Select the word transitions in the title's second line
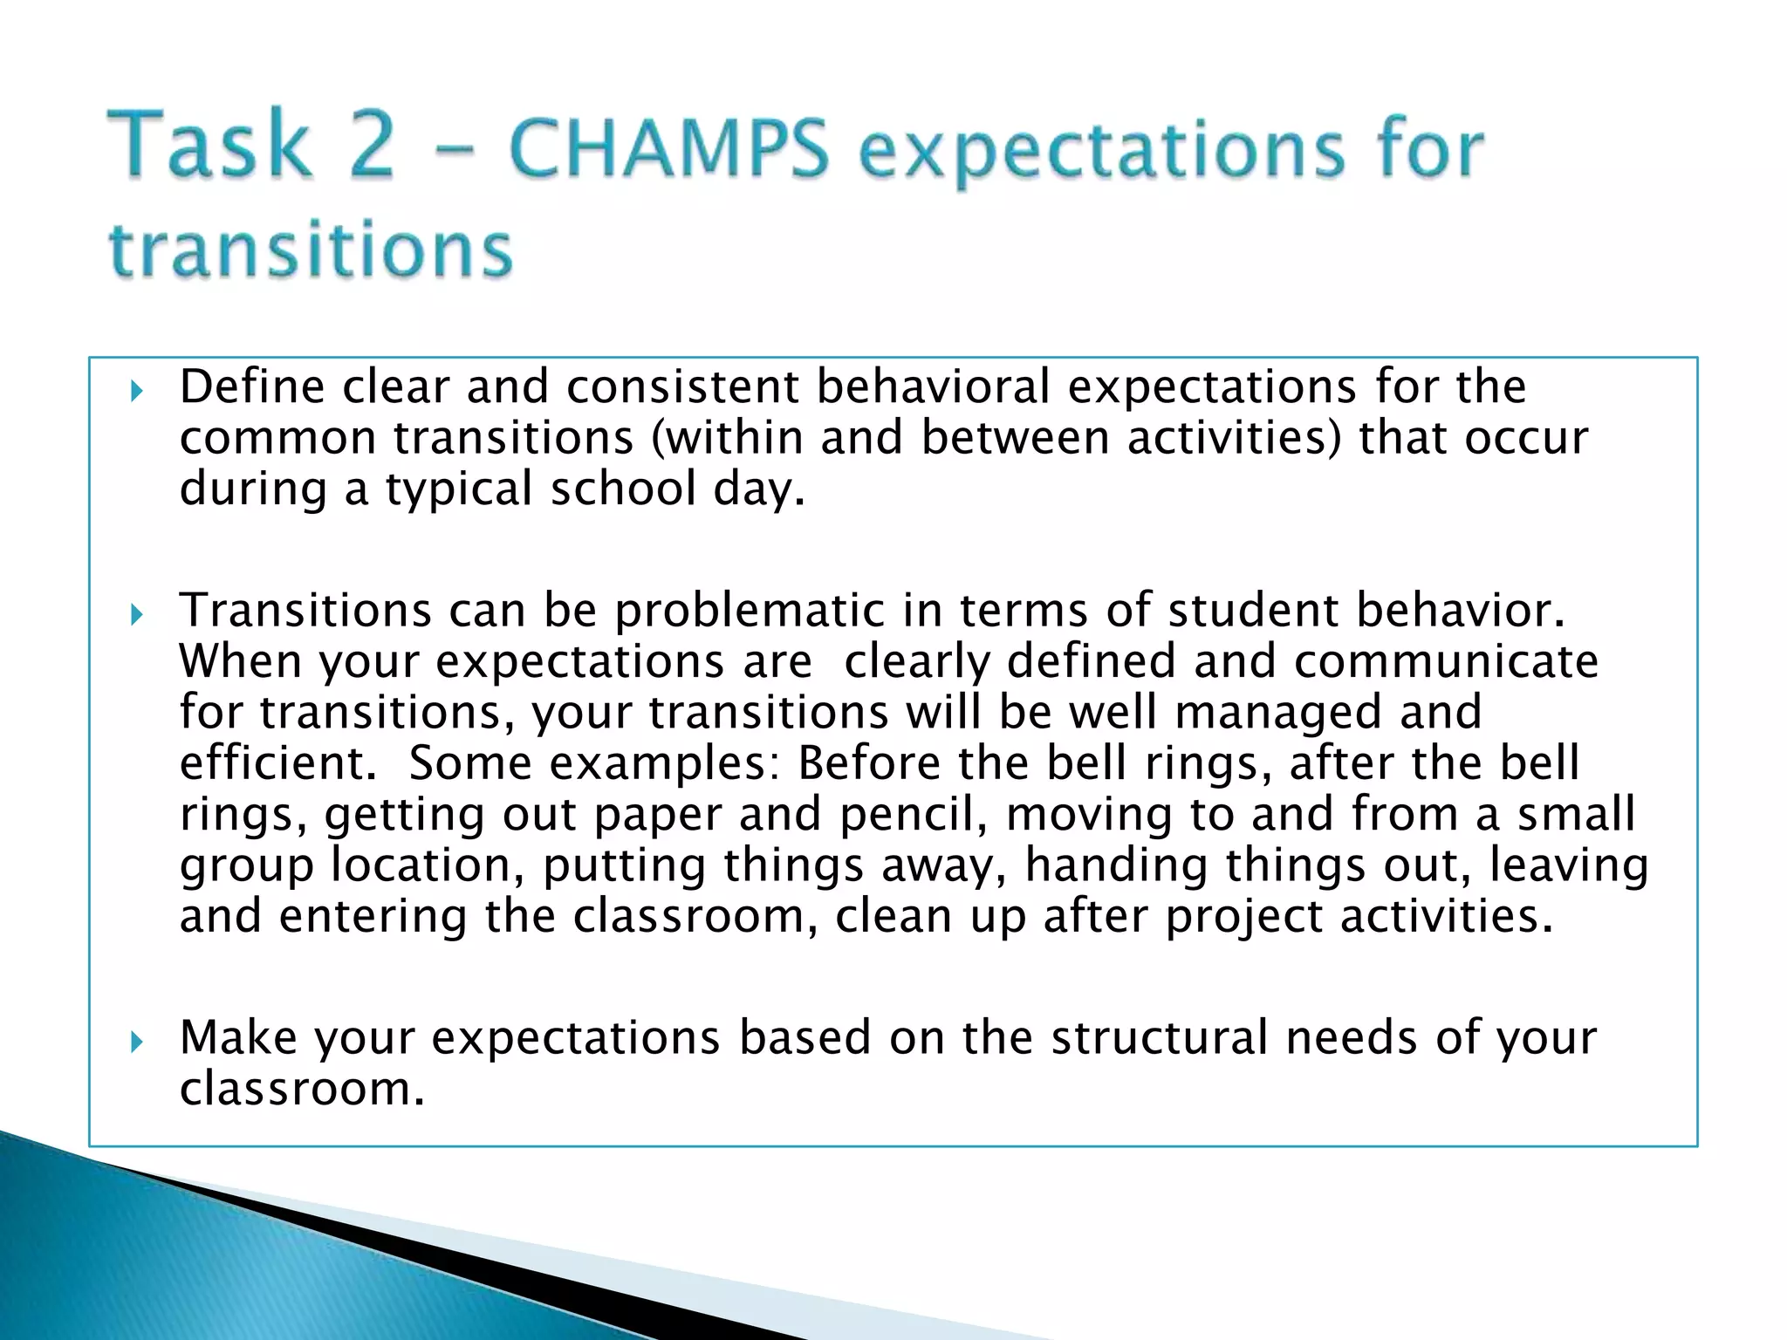311,250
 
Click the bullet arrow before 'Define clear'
136,391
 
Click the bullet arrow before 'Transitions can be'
136,615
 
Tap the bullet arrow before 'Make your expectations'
136,1042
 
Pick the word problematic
750,610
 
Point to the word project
1243,917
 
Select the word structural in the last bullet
1159,1038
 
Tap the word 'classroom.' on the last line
302,1090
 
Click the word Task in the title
209,144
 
